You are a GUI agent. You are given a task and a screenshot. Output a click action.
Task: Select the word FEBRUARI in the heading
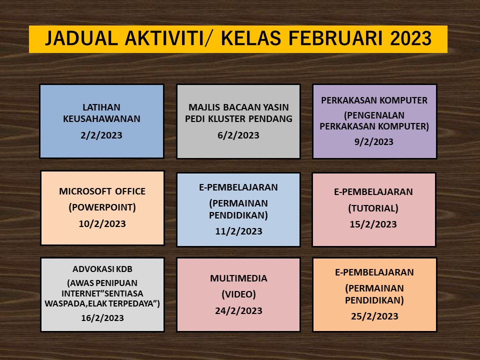335,38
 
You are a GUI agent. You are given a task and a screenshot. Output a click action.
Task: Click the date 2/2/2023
101,135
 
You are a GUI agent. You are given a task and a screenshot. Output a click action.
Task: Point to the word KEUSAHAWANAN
101,119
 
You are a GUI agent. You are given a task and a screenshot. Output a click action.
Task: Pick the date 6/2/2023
238,135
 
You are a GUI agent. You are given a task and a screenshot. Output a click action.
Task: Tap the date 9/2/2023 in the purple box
374,141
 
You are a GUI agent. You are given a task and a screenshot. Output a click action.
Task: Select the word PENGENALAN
374,115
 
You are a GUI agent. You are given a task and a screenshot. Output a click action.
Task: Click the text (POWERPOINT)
102,207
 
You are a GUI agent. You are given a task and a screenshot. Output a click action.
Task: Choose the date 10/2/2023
102,224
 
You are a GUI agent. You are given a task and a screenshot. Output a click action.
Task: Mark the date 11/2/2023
239,231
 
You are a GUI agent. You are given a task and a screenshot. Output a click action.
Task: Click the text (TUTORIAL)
373,208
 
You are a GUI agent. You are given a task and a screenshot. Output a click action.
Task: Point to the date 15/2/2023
373,224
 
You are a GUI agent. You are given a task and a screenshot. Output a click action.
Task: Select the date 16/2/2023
102,318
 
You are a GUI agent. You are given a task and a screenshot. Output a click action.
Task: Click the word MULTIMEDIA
238,278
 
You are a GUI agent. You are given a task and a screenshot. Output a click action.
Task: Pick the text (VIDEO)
239,294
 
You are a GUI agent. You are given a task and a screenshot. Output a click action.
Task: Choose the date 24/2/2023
239,310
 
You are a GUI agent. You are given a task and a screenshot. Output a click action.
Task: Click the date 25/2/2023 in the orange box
374,316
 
